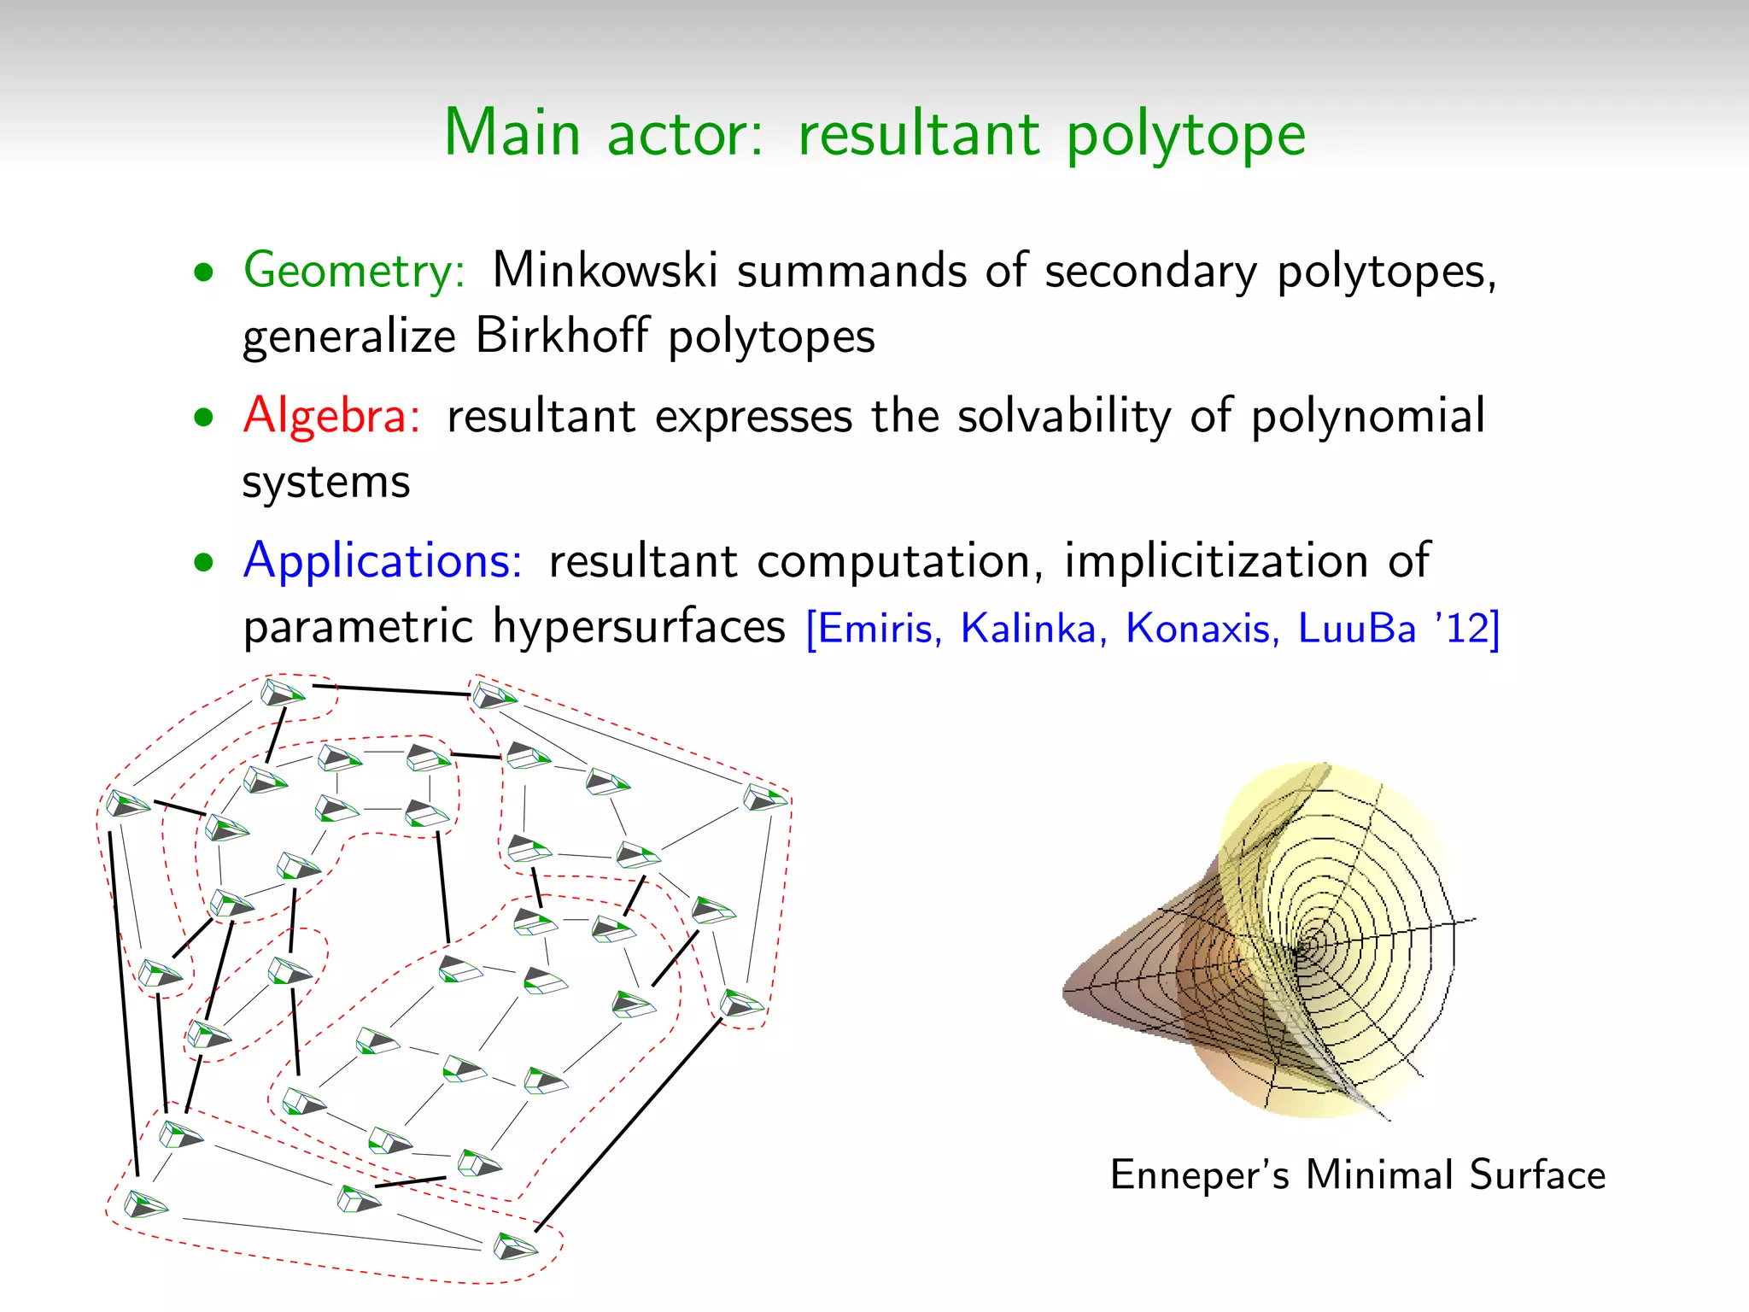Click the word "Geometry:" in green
[x=354, y=272]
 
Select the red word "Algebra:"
[x=331, y=417]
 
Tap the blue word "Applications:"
[x=383, y=561]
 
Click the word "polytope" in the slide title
[x=1186, y=135]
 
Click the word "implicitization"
[x=1215, y=561]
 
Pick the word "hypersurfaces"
[x=639, y=627]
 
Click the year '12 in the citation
[x=1462, y=629]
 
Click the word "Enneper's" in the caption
[x=1199, y=1175]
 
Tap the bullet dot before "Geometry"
[x=203, y=273]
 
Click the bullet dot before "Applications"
[x=203, y=563]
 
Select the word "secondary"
[x=1151, y=272]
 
